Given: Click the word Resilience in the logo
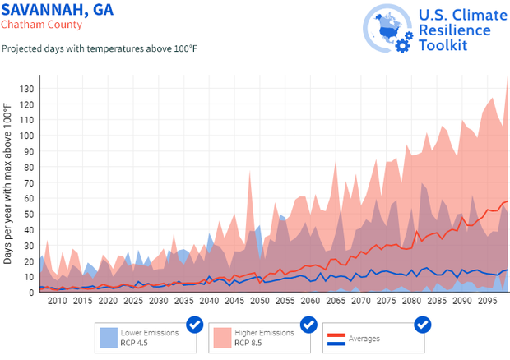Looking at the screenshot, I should (454, 30).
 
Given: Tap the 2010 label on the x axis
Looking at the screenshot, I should (57, 302).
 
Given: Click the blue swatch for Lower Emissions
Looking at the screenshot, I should (108, 337).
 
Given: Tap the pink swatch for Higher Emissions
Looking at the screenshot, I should (222, 337).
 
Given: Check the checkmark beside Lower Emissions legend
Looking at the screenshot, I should (195, 325).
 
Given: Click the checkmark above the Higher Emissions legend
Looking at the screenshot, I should (308, 325).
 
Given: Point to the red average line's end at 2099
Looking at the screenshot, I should (508, 201).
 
